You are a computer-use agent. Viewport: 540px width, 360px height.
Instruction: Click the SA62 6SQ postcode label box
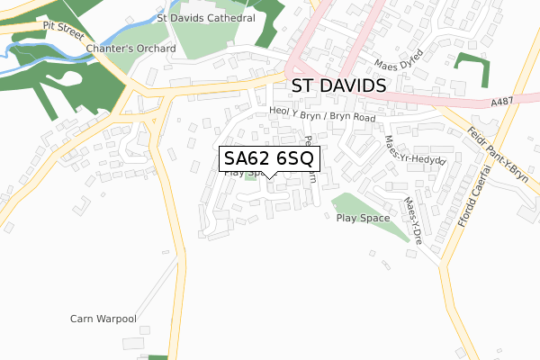click(269, 158)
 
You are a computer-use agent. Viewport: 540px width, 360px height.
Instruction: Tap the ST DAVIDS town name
click(339, 86)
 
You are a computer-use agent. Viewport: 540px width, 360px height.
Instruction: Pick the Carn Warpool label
click(103, 319)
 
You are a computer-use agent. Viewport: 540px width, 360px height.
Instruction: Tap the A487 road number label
click(502, 103)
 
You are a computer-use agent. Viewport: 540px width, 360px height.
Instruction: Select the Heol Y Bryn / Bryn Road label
click(321, 114)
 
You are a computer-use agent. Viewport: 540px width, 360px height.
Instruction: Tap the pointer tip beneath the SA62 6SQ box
click(269, 178)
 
